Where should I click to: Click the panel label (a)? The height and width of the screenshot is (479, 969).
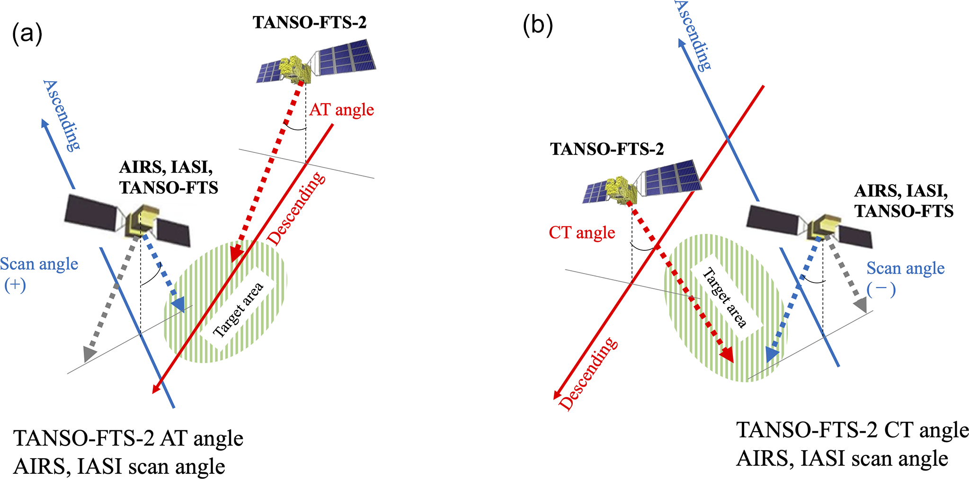click(x=27, y=34)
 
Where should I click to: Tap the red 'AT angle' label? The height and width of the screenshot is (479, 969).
click(x=341, y=110)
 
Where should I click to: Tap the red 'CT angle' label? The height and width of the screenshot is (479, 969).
click(x=582, y=233)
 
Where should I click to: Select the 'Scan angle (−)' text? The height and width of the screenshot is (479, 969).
click(x=905, y=278)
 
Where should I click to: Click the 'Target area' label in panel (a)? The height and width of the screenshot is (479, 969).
click(x=238, y=310)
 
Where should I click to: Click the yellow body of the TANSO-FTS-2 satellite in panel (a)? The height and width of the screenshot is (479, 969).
click(x=295, y=69)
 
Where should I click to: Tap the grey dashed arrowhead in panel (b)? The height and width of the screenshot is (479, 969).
click(x=861, y=304)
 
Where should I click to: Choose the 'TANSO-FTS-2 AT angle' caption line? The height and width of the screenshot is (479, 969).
click(x=128, y=438)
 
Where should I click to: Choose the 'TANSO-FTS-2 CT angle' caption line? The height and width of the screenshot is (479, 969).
click(x=852, y=430)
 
